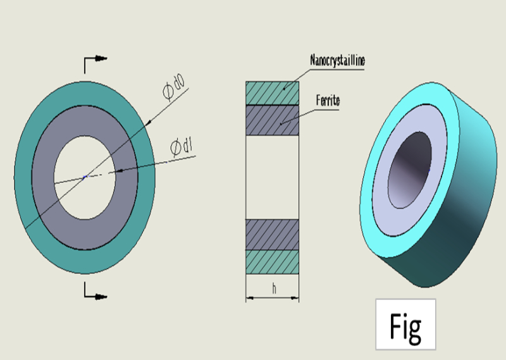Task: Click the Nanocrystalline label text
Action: coord(338,61)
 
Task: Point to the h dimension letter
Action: coord(273,289)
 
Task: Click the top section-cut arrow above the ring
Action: coord(95,61)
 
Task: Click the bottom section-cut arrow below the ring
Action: coord(95,292)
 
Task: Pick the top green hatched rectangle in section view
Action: coord(272,92)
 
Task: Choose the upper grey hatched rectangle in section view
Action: coord(272,120)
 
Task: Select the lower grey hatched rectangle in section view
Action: coord(272,234)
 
